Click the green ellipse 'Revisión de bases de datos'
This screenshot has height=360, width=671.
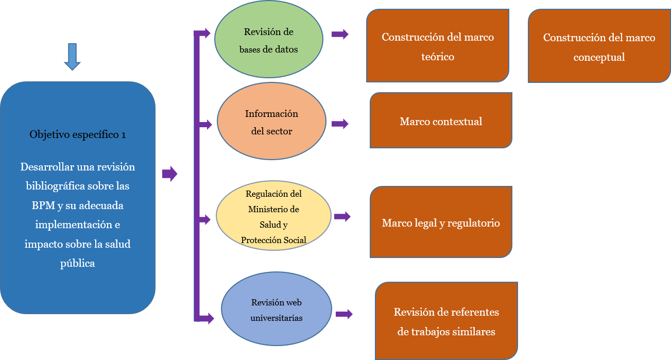(268, 40)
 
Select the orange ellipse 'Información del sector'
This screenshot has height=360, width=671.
(271, 122)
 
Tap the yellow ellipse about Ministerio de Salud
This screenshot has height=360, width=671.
(273, 216)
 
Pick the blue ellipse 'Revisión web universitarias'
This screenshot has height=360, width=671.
(277, 309)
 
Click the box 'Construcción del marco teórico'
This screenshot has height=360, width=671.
(438, 46)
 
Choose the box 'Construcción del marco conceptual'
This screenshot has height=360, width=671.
(599, 46)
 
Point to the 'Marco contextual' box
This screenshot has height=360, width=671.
(441, 121)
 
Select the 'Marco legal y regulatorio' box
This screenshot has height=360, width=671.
(441, 222)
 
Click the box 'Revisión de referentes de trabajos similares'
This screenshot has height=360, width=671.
(446, 321)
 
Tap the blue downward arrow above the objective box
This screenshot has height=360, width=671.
(72, 56)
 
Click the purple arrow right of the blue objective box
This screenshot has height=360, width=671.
(170, 174)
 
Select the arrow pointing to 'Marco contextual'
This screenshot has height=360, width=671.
(340, 124)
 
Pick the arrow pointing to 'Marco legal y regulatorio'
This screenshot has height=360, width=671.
(342, 216)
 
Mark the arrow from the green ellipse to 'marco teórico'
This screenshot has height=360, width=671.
(340, 35)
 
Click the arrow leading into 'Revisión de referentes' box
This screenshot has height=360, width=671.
(343, 314)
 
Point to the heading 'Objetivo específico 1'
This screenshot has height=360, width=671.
(78, 134)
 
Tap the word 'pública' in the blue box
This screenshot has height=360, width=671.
(77, 263)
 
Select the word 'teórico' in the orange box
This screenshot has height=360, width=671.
(438, 57)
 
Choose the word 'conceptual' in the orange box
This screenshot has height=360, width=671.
(599, 57)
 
